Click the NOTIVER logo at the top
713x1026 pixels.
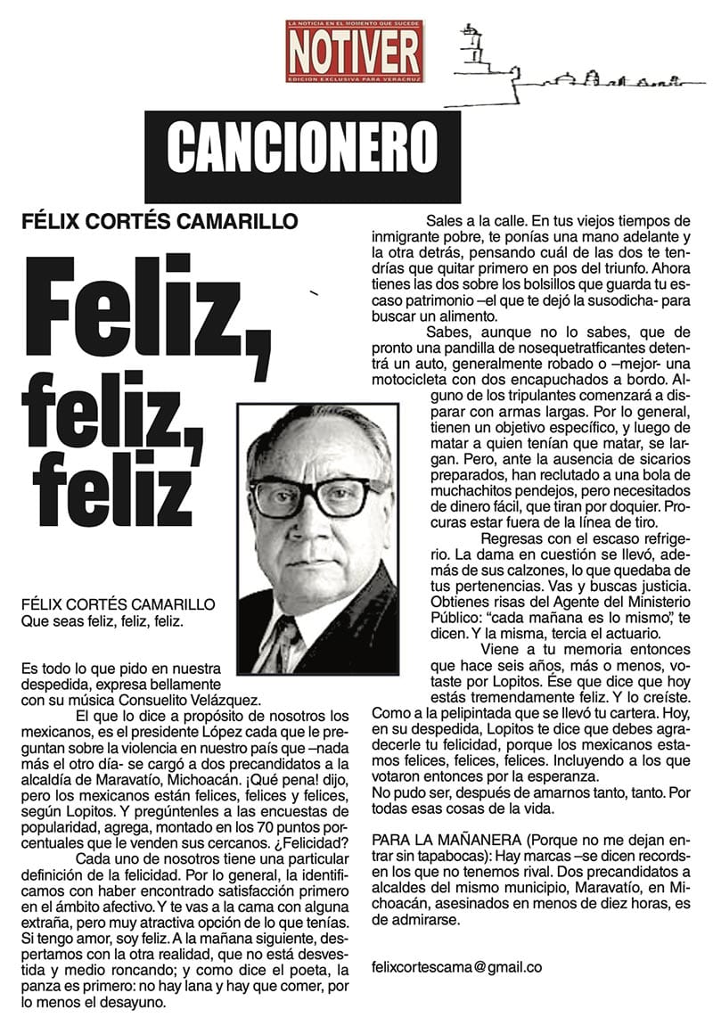tap(355, 51)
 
